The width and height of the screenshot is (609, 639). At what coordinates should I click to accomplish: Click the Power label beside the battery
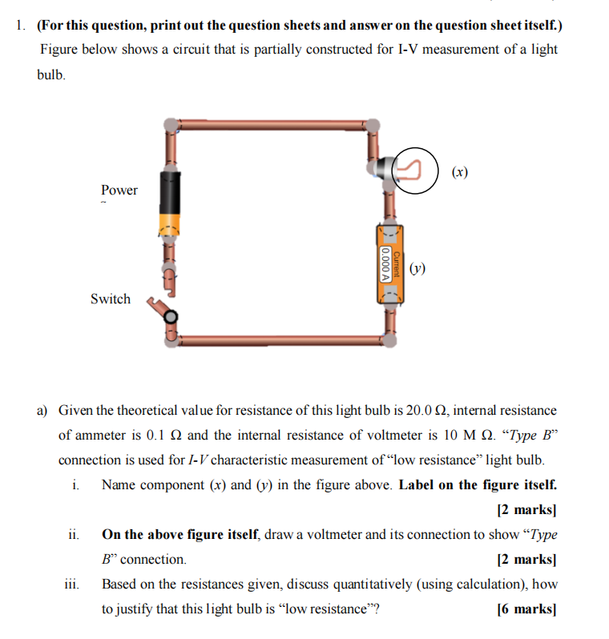pyautogui.click(x=119, y=190)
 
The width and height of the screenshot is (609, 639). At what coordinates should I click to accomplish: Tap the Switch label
pyautogui.click(x=110, y=299)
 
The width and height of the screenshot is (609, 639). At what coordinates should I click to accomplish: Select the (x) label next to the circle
pyautogui.click(x=459, y=171)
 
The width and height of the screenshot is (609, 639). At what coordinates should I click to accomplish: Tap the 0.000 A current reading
pyautogui.click(x=386, y=263)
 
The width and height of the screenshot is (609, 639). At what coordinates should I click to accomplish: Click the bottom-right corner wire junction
pyautogui.click(x=389, y=339)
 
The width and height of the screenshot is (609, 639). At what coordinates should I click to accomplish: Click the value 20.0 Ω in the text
pyautogui.click(x=429, y=411)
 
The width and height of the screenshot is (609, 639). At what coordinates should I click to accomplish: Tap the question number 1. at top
pyautogui.click(x=21, y=25)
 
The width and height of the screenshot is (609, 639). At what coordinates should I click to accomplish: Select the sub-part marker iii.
pyautogui.click(x=71, y=584)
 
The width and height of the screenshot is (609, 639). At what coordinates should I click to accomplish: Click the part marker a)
pyautogui.click(x=43, y=411)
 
